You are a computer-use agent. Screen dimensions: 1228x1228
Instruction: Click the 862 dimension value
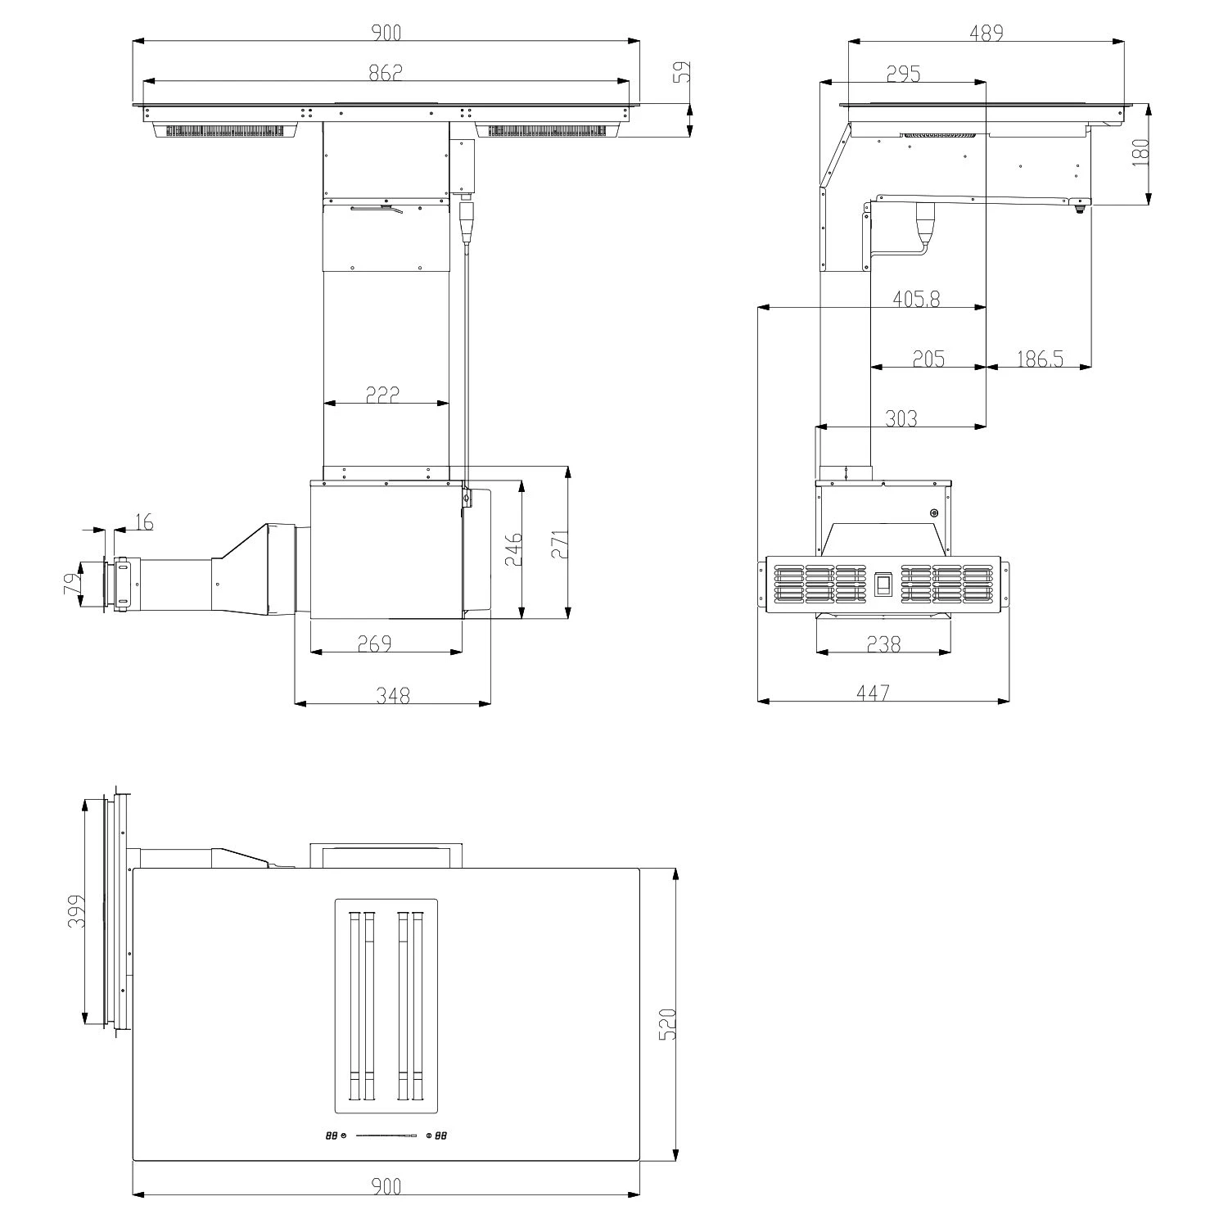pyautogui.click(x=386, y=72)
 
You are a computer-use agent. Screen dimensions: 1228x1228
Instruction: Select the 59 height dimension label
pyautogui.click(x=682, y=72)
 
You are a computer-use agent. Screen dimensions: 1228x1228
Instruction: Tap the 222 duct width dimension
pyautogui.click(x=382, y=394)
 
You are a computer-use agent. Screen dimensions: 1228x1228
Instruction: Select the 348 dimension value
pyautogui.click(x=393, y=695)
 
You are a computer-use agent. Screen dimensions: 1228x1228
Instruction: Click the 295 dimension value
pyautogui.click(x=903, y=74)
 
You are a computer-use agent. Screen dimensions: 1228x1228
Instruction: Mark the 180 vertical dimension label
pyautogui.click(x=1140, y=153)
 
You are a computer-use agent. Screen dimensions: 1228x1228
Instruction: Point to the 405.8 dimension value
pyautogui.click(x=916, y=299)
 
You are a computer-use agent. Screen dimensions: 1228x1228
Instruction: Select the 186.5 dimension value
pyautogui.click(x=1040, y=359)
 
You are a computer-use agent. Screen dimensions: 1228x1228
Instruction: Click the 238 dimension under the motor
pyautogui.click(x=883, y=644)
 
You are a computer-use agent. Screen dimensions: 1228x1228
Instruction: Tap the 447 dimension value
pyautogui.click(x=873, y=693)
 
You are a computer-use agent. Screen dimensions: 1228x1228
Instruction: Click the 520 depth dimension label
pyautogui.click(x=667, y=1023)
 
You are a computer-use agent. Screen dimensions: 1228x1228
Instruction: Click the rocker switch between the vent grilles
pyautogui.click(x=883, y=585)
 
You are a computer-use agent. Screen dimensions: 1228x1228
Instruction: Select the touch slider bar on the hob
pyautogui.click(x=386, y=1135)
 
